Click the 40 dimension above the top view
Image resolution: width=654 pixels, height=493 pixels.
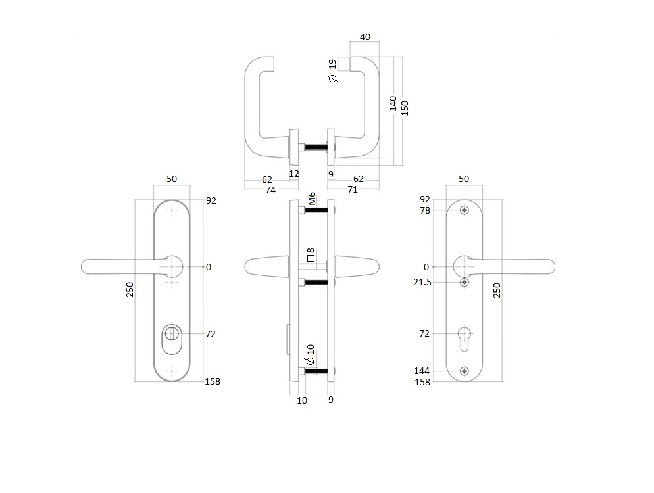[370, 37]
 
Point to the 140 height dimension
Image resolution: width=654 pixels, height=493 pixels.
[393, 103]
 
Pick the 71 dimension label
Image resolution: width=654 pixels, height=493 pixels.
[353, 190]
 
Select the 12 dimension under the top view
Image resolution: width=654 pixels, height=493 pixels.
[294, 174]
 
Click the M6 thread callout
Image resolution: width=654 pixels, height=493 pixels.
[313, 199]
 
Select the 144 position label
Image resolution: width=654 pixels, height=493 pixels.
[422, 371]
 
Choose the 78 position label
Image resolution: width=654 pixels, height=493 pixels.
[424, 210]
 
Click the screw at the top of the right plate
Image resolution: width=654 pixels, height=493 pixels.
[465, 210]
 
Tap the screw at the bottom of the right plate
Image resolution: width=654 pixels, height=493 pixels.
[465, 371]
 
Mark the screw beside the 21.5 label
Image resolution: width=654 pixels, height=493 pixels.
[465, 282]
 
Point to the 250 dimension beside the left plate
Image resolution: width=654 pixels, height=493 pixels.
[130, 289]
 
